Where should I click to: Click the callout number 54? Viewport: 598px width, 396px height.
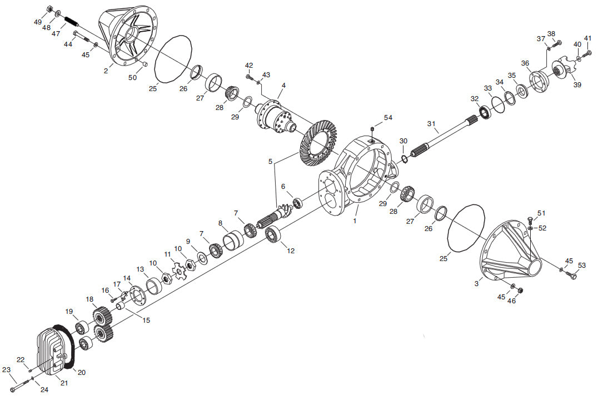point(388,118)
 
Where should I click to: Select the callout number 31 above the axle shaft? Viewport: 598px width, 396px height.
point(431,124)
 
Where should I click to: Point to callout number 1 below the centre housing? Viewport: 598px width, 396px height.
point(355,220)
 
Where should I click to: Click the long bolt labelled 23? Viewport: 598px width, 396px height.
point(21,384)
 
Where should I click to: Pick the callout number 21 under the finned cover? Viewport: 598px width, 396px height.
point(64,382)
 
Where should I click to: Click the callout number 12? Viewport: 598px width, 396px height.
point(291,251)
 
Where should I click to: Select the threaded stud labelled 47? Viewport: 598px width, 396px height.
point(71,21)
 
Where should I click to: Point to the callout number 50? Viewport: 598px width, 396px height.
point(132,77)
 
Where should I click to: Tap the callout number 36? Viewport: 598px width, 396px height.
point(525,63)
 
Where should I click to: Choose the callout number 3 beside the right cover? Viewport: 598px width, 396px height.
point(476,284)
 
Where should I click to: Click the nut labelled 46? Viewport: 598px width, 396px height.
point(521,290)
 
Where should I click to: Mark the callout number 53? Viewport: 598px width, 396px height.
point(581,265)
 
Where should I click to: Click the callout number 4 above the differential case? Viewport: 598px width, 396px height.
point(283,86)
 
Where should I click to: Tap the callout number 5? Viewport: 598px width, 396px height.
point(271,161)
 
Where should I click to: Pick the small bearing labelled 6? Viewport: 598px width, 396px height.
point(298,203)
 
